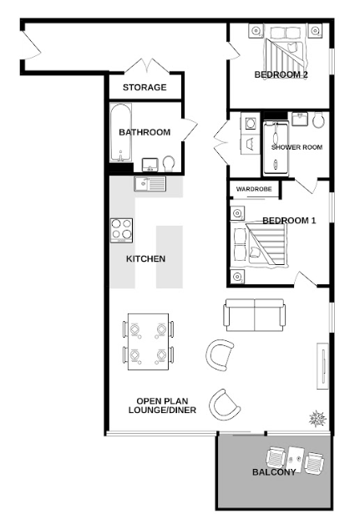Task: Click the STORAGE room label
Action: tap(145, 88)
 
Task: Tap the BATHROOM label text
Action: tap(145, 132)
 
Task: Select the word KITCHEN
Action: tap(145, 259)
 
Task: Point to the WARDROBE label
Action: tap(254, 189)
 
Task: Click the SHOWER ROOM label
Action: tap(297, 147)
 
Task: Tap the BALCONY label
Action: tap(274, 472)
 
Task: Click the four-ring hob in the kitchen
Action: tap(121, 231)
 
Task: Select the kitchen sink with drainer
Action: tap(150, 184)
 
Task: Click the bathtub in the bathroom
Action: tap(120, 133)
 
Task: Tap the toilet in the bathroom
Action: tap(169, 164)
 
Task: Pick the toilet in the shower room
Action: tap(318, 120)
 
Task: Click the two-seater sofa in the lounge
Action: tap(255, 315)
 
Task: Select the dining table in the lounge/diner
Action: tap(148, 342)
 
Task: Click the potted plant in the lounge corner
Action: tap(317, 419)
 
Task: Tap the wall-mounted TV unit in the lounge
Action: tap(322, 366)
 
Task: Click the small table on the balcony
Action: tap(296, 458)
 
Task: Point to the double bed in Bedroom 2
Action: tap(286, 48)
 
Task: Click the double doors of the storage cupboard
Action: tap(147, 66)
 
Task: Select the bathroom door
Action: tap(190, 130)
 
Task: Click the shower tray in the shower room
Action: tap(276, 148)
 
